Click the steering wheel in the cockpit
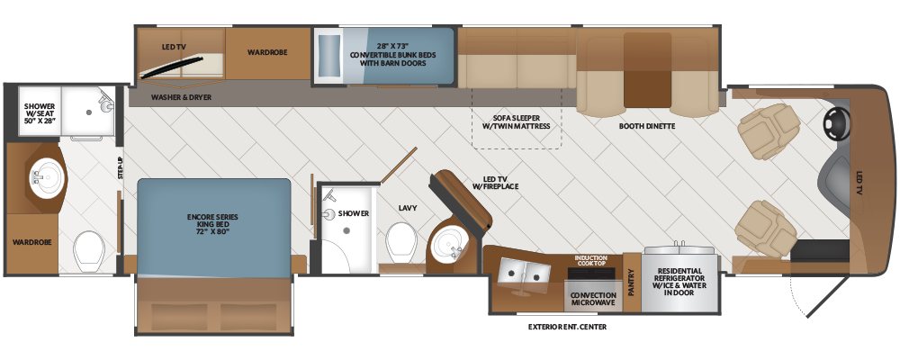(837, 124)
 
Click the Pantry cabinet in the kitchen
(632, 282)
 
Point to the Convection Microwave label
(593, 299)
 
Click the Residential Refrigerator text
(679, 282)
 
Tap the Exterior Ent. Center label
(567, 328)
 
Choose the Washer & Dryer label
(182, 97)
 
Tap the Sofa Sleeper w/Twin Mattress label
(516, 121)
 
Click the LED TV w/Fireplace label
(495, 182)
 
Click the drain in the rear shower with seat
(88, 112)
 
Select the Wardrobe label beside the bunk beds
(267, 52)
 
